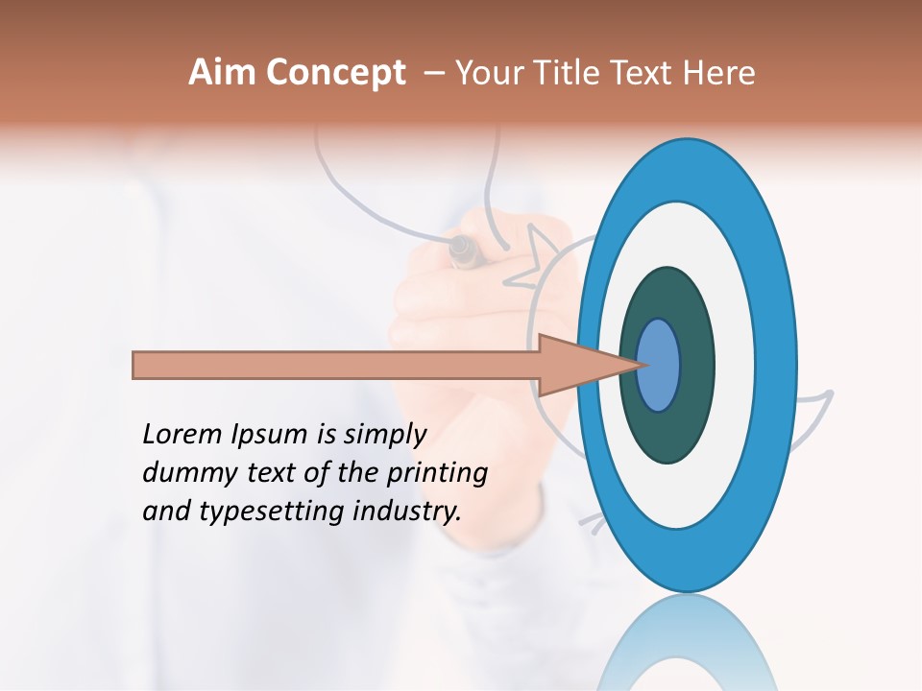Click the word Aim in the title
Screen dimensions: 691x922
[x=223, y=73]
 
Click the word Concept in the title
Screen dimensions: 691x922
[x=335, y=73]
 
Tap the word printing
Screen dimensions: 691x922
[x=437, y=473]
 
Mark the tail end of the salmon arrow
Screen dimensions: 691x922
[x=140, y=365]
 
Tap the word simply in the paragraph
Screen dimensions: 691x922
[x=383, y=435]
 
